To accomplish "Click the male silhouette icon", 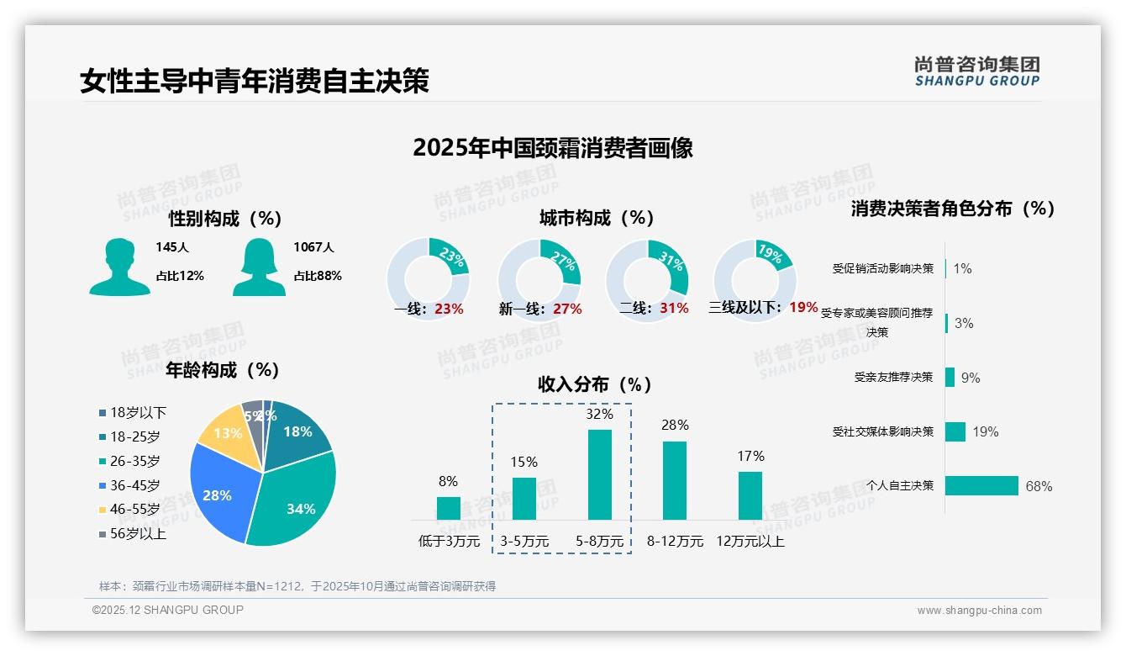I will [x=119, y=267].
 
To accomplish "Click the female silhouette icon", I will [x=259, y=267].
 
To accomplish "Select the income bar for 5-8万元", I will [x=600, y=474].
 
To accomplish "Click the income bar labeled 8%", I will [x=448, y=508].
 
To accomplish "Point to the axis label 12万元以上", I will [x=750, y=542].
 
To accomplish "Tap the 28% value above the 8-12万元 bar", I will [x=675, y=426].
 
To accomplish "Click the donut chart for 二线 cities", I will [x=647, y=280].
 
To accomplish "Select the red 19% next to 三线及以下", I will [x=803, y=308].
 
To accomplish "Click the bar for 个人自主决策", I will [x=981, y=486].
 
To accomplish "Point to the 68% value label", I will [x=1039, y=487].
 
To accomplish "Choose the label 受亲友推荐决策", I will [x=893, y=378].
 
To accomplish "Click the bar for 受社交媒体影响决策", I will [x=955, y=431].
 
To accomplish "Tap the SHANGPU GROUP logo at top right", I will [x=977, y=71].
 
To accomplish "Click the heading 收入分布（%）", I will [x=596, y=384].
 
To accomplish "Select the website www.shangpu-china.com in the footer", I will [x=979, y=611].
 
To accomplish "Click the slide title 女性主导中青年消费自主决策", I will [x=255, y=82].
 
